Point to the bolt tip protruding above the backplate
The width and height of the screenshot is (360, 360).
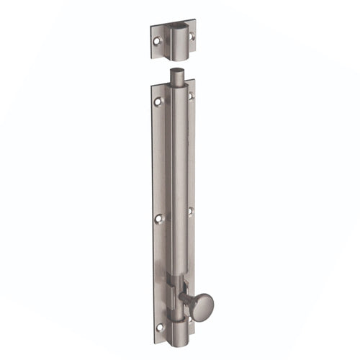click(x=176, y=76)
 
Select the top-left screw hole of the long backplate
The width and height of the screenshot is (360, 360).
click(x=158, y=102)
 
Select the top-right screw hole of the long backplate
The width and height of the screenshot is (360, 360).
click(x=191, y=95)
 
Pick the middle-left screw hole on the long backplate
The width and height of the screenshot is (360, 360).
click(x=159, y=218)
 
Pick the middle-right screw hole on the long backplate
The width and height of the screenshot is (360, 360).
click(x=190, y=210)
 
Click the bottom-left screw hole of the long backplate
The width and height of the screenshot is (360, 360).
click(x=160, y=328)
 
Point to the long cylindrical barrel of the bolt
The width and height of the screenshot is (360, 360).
click(x=179, y=180)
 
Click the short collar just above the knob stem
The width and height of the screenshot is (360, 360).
click(x=178, y=277)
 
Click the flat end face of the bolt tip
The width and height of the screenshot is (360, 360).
click(x=176, y=71)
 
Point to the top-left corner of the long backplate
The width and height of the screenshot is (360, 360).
click(x=151, y=89)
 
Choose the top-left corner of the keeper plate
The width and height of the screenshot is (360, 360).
click(x=150, y=30)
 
